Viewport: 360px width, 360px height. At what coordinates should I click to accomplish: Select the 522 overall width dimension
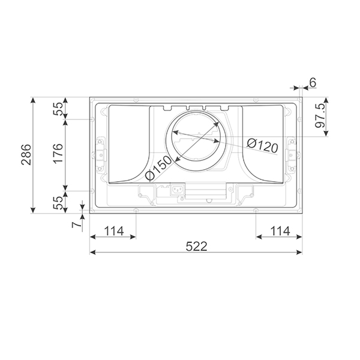(196, 246)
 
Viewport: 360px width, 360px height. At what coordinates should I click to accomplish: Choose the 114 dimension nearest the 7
(113, 230)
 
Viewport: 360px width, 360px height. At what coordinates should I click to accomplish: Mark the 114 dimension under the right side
(279, 230)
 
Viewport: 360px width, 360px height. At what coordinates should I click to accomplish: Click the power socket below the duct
(177, 191)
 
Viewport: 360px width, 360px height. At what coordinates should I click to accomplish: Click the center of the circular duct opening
(196, 142)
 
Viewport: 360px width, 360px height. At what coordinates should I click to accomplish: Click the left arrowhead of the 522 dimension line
(92, 252)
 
